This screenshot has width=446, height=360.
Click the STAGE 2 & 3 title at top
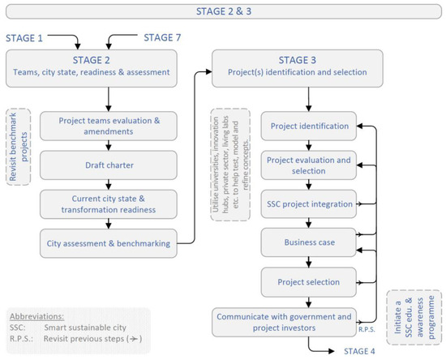[222, 11]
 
